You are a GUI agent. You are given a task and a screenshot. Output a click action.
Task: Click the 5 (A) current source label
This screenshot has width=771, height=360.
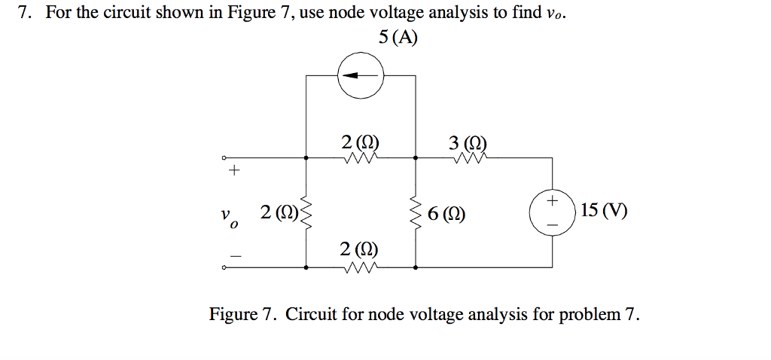pyautogui.click(x=397, y=37)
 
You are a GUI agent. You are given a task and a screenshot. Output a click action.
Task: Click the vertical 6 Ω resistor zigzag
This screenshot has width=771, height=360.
pyautogui.click(x=416, y=212)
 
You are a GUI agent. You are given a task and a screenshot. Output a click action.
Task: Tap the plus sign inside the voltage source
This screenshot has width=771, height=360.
pyautogui.click(x=553, y=201)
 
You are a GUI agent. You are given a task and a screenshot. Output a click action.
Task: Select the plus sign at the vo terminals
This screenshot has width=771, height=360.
pyautogui.click(x=234, y=172)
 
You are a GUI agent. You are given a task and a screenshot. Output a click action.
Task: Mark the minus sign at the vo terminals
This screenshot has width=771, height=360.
pyautogui.click(x=234, y=256)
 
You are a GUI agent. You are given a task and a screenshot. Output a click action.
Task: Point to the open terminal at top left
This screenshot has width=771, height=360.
pyautogui.click(x=224, y=159)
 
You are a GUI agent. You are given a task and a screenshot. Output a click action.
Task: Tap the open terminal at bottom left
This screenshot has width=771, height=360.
pyautogui.click(x=224, y=267)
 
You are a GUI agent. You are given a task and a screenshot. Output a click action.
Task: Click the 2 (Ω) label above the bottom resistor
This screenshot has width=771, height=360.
pyautogui.click(x=359, y=249)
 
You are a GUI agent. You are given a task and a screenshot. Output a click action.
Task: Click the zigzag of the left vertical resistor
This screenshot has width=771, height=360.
pyautogui.click(x=306, y=213)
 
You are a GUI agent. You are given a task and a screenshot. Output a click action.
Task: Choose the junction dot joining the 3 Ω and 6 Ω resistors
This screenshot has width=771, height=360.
pyautogui.click(x=416, y=159)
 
